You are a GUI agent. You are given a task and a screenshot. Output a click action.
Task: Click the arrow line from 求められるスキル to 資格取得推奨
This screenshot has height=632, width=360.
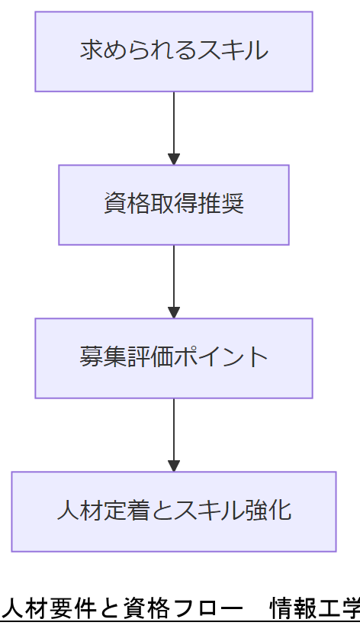pyautogui.click(x=174, y=122)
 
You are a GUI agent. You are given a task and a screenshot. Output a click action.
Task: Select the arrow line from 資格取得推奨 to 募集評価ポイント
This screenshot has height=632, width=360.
pyautogui.click(x=174, y=275)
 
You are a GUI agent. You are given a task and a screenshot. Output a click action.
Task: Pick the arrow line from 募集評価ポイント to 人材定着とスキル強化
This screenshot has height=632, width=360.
pyautogui.click(x=174, y=427)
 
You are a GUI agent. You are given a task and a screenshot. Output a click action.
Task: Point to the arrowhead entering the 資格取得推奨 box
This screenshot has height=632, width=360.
pyautogui.click(x=174, y=160)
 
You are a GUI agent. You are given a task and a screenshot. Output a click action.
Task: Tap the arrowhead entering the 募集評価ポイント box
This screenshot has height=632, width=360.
pyautogui.click(x=174, y=313)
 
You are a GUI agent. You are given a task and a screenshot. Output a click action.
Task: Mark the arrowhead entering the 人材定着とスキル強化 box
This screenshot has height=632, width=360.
pyautogui.click(x=174, y=466)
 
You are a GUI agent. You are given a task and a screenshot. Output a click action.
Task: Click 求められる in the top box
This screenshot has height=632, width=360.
pyautogui.click(x=138, y=51)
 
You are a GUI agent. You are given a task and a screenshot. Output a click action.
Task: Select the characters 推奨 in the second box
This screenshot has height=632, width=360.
pyautogui.click(x=227, y=205)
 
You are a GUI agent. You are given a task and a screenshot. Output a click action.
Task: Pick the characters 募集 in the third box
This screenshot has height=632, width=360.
pyautogui.click(x=103, y=357)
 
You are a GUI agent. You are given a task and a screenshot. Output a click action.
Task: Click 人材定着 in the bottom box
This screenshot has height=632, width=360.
pyautogui.click(x=103, y=510)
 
